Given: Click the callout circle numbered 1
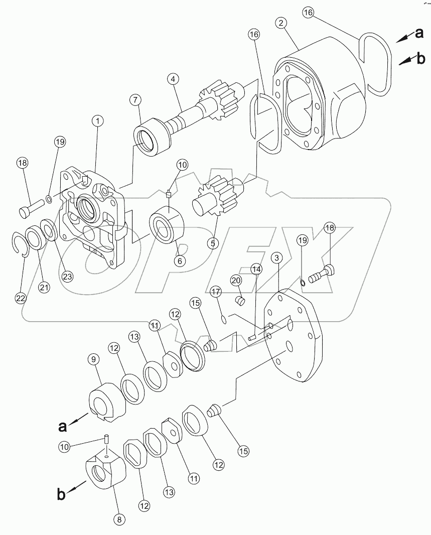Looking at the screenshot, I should pyautogui.click(x=97, y=121).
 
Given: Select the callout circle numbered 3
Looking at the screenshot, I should pyautogui.click(x=276, y=258).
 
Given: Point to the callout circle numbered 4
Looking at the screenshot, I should pyautogui.click(x=172, y=79).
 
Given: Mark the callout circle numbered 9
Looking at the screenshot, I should pyautogui.click(x=94, y=359).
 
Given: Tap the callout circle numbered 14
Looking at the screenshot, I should pyautogui.click(x=256, y=270).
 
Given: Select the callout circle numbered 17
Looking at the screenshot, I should pyautogui.click(x=215, y=292).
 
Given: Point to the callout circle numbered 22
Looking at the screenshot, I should pyautogui.click(x=20, y=298).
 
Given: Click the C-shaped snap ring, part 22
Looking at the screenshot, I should pyautogui.click(x=19, y=244).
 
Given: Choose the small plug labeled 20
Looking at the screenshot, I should pyautogui.click(x=240, y=301).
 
